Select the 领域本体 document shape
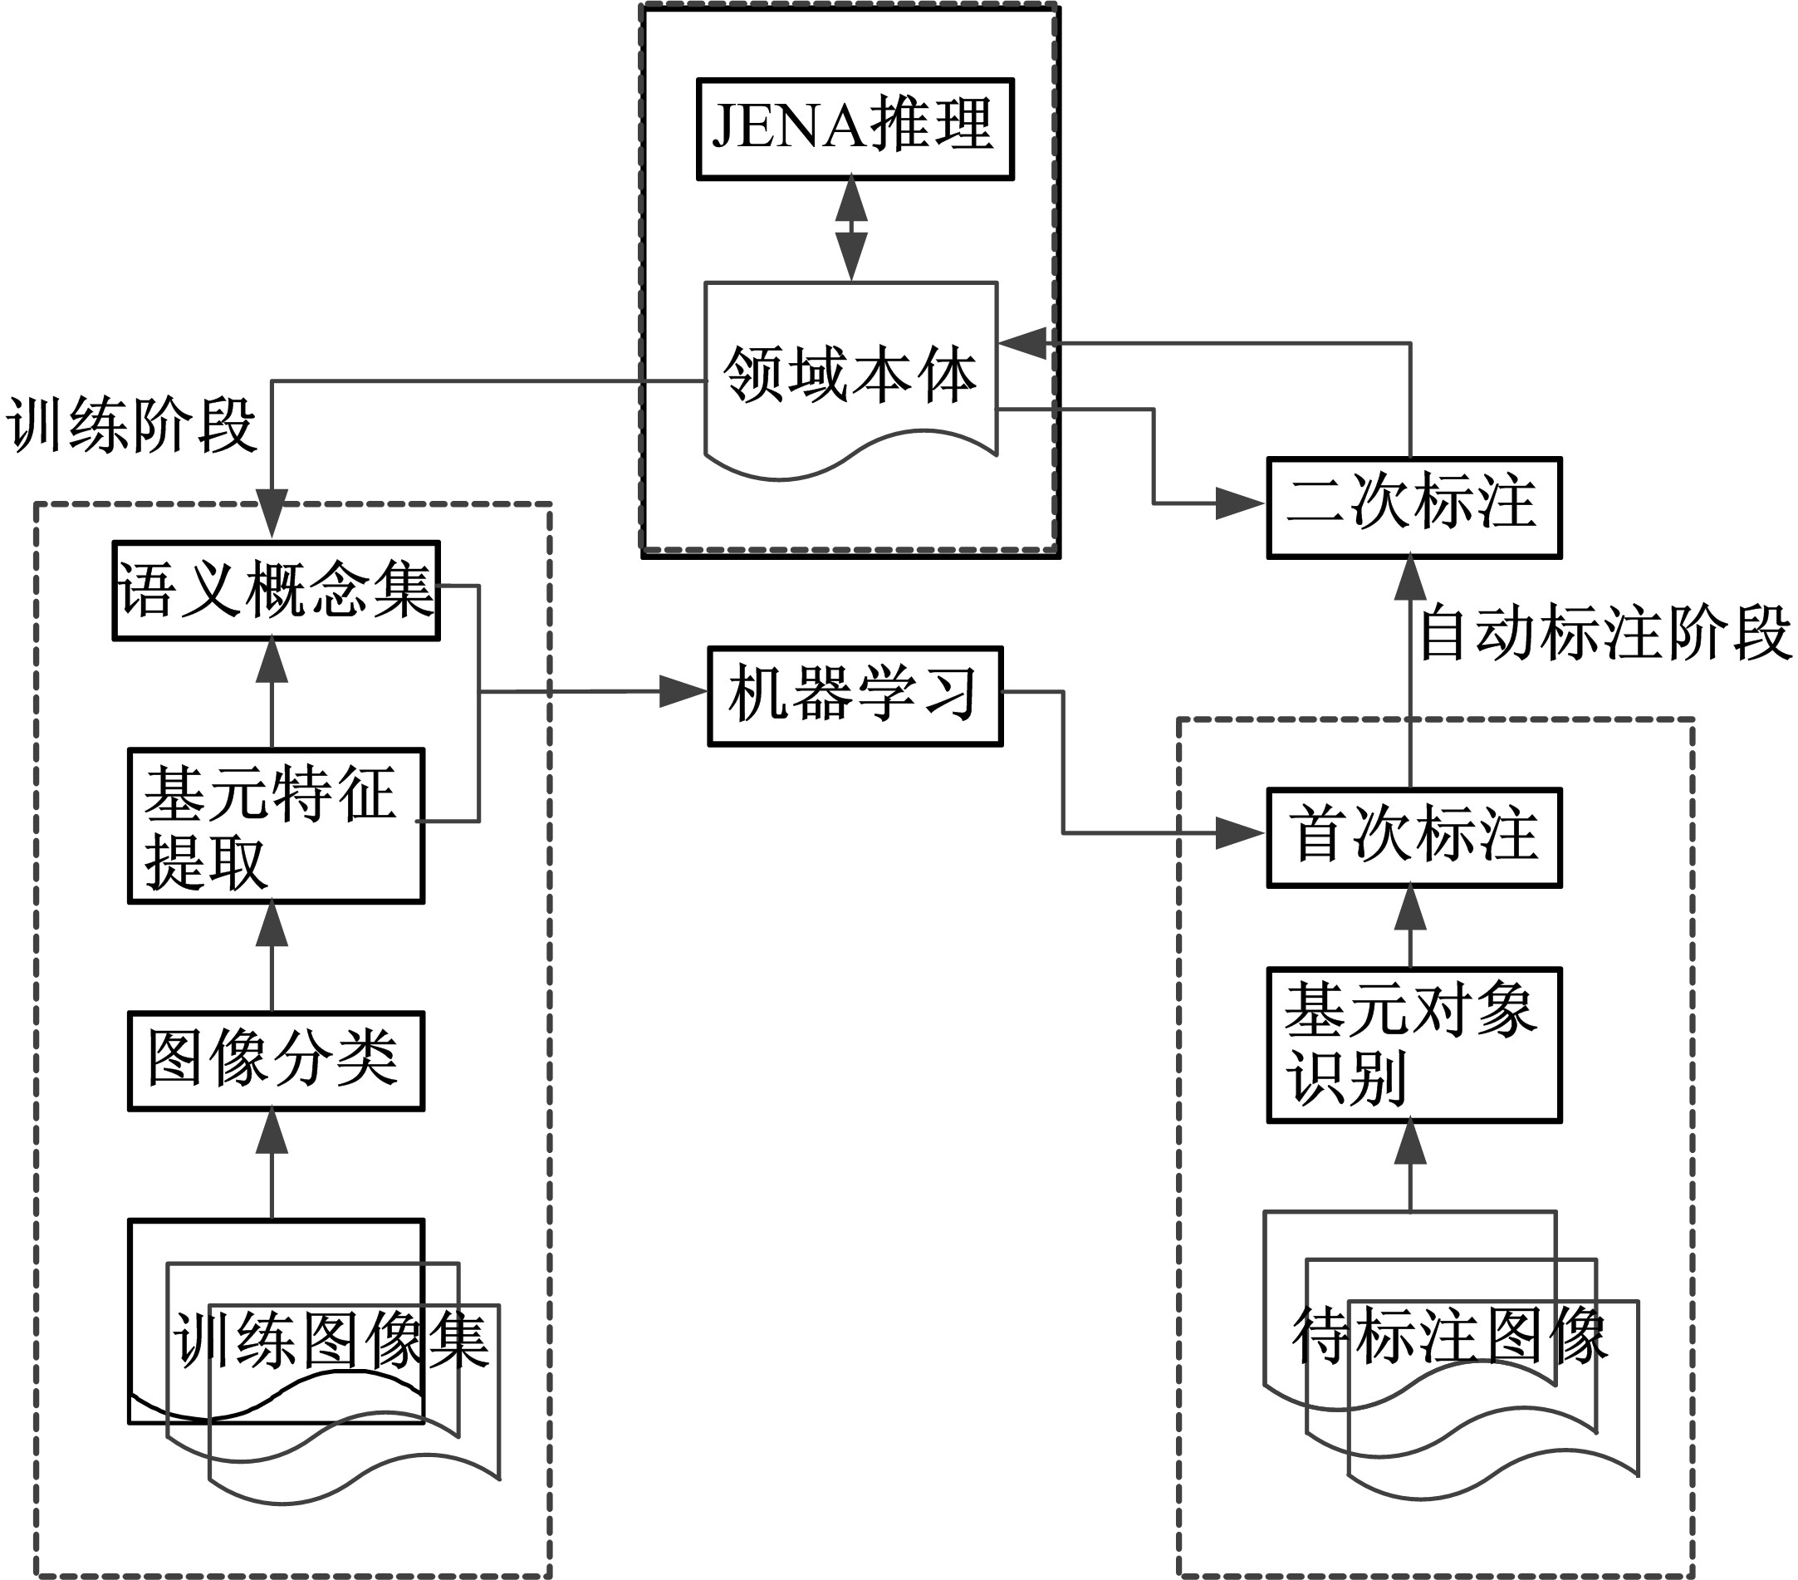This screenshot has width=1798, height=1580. [850, 374]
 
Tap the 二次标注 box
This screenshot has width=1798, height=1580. [1413, 508]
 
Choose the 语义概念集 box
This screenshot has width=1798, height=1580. [276, 591]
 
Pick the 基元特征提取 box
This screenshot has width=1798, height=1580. [276, 825]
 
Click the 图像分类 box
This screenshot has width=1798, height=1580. [276, 1061]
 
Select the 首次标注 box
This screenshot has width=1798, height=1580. [1413, 837]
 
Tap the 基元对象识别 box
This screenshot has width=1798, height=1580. [1413, 1045]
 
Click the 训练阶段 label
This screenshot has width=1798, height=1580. [132, 426]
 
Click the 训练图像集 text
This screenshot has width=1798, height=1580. [331, 1341]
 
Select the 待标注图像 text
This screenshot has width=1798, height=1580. [1450, 1336]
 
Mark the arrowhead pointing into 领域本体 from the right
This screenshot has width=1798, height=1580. [1022, 343]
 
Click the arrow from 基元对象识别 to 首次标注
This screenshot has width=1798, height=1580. [1410, 927]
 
